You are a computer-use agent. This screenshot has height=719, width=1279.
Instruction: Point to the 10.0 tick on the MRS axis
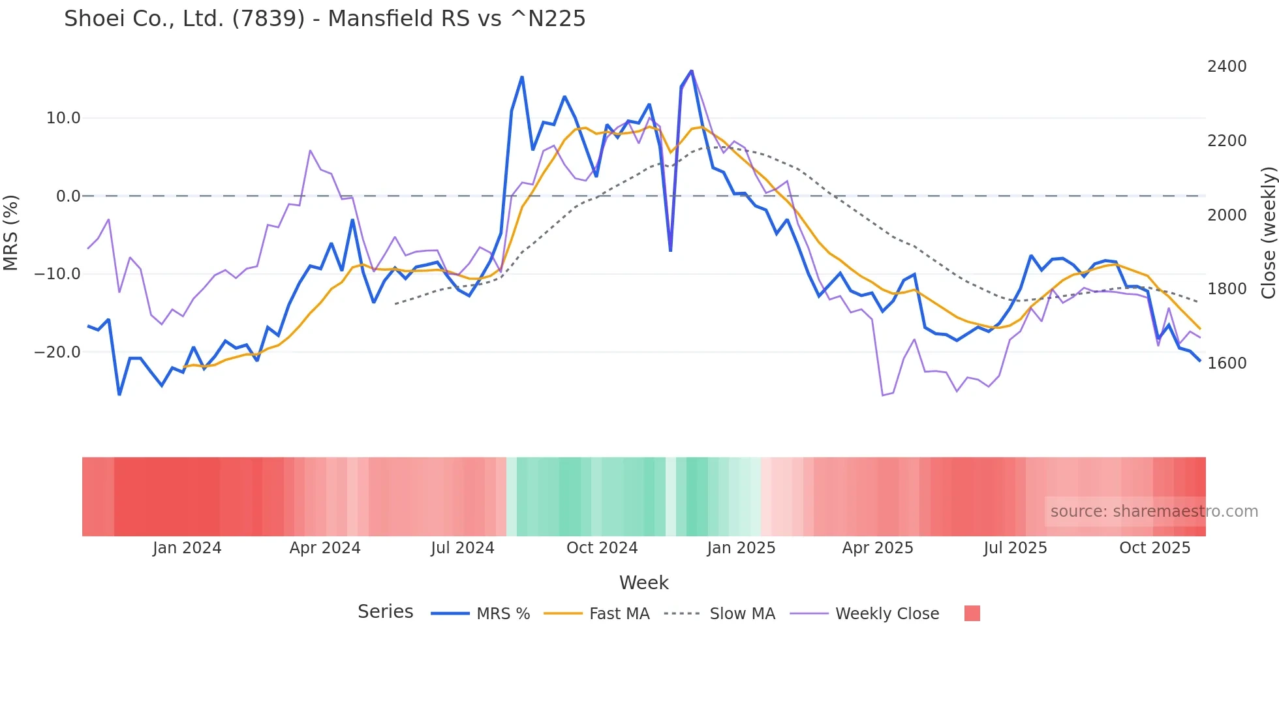[x=63, y=118]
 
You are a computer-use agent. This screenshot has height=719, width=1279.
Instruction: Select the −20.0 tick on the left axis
[x=57, y=352]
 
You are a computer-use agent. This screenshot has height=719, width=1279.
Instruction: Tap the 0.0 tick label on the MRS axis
[x=68, y=196]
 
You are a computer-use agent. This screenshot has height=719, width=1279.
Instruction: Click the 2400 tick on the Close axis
[x=1227, y=67]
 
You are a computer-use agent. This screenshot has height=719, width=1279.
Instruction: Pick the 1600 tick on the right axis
[x=1227, y=363]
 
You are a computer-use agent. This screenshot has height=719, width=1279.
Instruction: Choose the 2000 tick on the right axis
[x=1227, y=215]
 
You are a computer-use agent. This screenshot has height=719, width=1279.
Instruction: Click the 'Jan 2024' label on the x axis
[x=187, y=548]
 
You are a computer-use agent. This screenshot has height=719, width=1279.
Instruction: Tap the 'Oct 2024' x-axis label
[x=602, y=548]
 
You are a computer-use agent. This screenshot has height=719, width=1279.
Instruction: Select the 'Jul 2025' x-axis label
[x=1015, y=548]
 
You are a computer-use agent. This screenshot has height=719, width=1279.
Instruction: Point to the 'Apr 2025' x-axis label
[x=878, y=548]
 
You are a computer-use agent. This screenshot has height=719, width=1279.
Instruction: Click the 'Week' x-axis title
[x=643, y=583]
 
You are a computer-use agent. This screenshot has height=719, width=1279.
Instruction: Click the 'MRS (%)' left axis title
[x=11, y=233]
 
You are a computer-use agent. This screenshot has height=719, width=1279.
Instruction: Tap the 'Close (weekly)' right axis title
[x=1268, y=233]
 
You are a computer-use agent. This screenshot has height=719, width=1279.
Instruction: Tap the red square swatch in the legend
[x=972, y=613]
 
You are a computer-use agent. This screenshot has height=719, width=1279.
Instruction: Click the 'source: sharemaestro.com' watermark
[x=1154, y=512]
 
